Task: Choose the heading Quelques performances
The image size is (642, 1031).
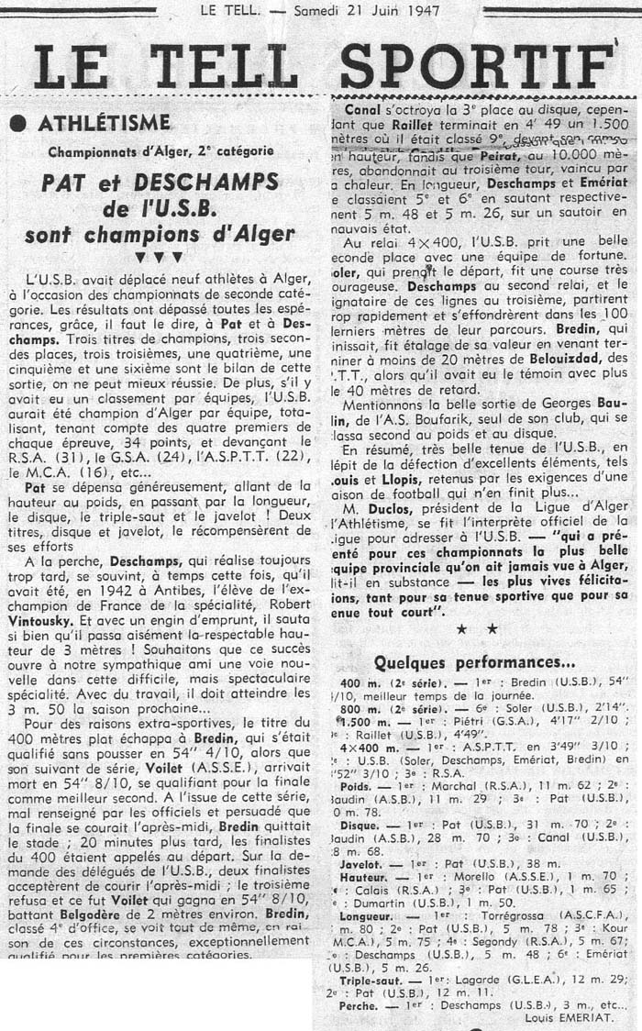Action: [x=474, y=663]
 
